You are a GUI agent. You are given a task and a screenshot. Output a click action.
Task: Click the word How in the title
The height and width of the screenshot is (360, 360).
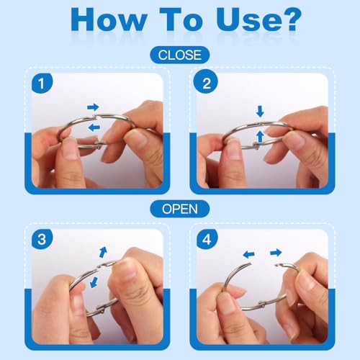pos(109,19)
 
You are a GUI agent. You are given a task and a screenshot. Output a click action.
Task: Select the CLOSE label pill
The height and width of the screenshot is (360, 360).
pos(180,55)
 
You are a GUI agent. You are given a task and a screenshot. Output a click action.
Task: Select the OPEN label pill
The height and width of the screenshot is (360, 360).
pos(180,209)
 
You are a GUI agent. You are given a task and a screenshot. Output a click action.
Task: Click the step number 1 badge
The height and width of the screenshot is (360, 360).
pos(42,84)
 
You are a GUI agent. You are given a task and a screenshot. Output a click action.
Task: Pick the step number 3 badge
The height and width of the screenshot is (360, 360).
pos(42,239)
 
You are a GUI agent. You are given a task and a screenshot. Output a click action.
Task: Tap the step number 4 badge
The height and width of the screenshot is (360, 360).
pos(207,239)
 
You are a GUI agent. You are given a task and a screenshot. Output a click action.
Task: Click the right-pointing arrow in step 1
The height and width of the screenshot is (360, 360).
pos(93,107)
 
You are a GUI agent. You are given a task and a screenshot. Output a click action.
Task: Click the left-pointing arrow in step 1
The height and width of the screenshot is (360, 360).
pos(94,127)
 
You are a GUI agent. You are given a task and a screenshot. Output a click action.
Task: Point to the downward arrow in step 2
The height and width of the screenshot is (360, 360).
pos(260,112)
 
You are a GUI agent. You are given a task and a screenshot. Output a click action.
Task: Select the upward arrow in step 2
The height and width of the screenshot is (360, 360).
pos(260,136)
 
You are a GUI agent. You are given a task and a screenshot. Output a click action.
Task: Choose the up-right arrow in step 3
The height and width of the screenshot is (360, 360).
pos(103,252)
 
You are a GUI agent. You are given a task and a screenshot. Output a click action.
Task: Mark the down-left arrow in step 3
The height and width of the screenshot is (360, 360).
pos(94,282)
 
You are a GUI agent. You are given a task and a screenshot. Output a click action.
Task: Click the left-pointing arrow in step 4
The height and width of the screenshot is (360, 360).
pos(248,254)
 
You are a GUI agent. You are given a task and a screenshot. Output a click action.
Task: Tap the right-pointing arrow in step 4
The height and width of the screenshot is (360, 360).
pos(276,253)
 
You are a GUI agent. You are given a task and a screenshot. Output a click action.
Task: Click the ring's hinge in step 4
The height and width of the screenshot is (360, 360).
pos(261,305)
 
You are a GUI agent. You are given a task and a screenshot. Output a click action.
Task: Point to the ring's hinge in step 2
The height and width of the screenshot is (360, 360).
pos(256,145)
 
